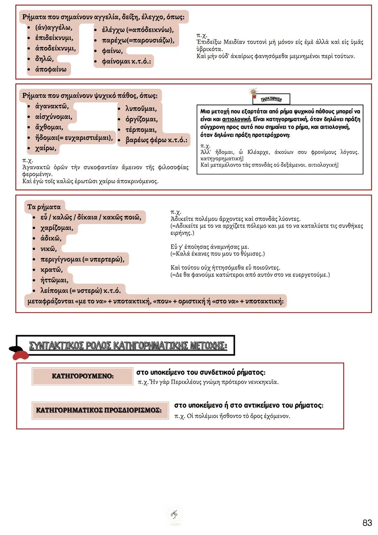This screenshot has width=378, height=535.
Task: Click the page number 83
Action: coord(367,523)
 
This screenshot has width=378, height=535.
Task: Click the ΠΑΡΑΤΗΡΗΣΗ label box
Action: coord(271,99)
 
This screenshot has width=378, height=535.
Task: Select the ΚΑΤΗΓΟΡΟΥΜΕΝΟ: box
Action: coord(82,376)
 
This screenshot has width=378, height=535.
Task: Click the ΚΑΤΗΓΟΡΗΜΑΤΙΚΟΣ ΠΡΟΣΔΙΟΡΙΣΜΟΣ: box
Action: coord(99,410)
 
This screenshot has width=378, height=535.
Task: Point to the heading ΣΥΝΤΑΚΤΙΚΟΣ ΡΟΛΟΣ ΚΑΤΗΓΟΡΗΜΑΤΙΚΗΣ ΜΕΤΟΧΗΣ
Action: coord(128,346)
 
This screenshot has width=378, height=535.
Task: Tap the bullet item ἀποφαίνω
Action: coord(50,69)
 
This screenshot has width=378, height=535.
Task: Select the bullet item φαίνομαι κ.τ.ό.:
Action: coord(126,61)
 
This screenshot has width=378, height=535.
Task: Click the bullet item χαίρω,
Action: coord(45,148)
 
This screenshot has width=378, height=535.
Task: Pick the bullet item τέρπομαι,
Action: coord(141,130)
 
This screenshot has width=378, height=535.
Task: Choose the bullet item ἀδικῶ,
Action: coord(51,238)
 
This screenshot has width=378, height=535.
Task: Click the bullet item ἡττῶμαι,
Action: coord(54,280)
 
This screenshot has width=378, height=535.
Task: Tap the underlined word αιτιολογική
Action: coord(236,119)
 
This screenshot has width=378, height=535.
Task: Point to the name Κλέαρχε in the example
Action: coord(259,152)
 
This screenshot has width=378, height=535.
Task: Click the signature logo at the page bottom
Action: coord(174,514)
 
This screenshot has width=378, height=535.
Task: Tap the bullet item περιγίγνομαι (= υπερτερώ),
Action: coord(82,259)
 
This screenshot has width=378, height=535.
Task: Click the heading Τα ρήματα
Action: coord(44,207)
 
